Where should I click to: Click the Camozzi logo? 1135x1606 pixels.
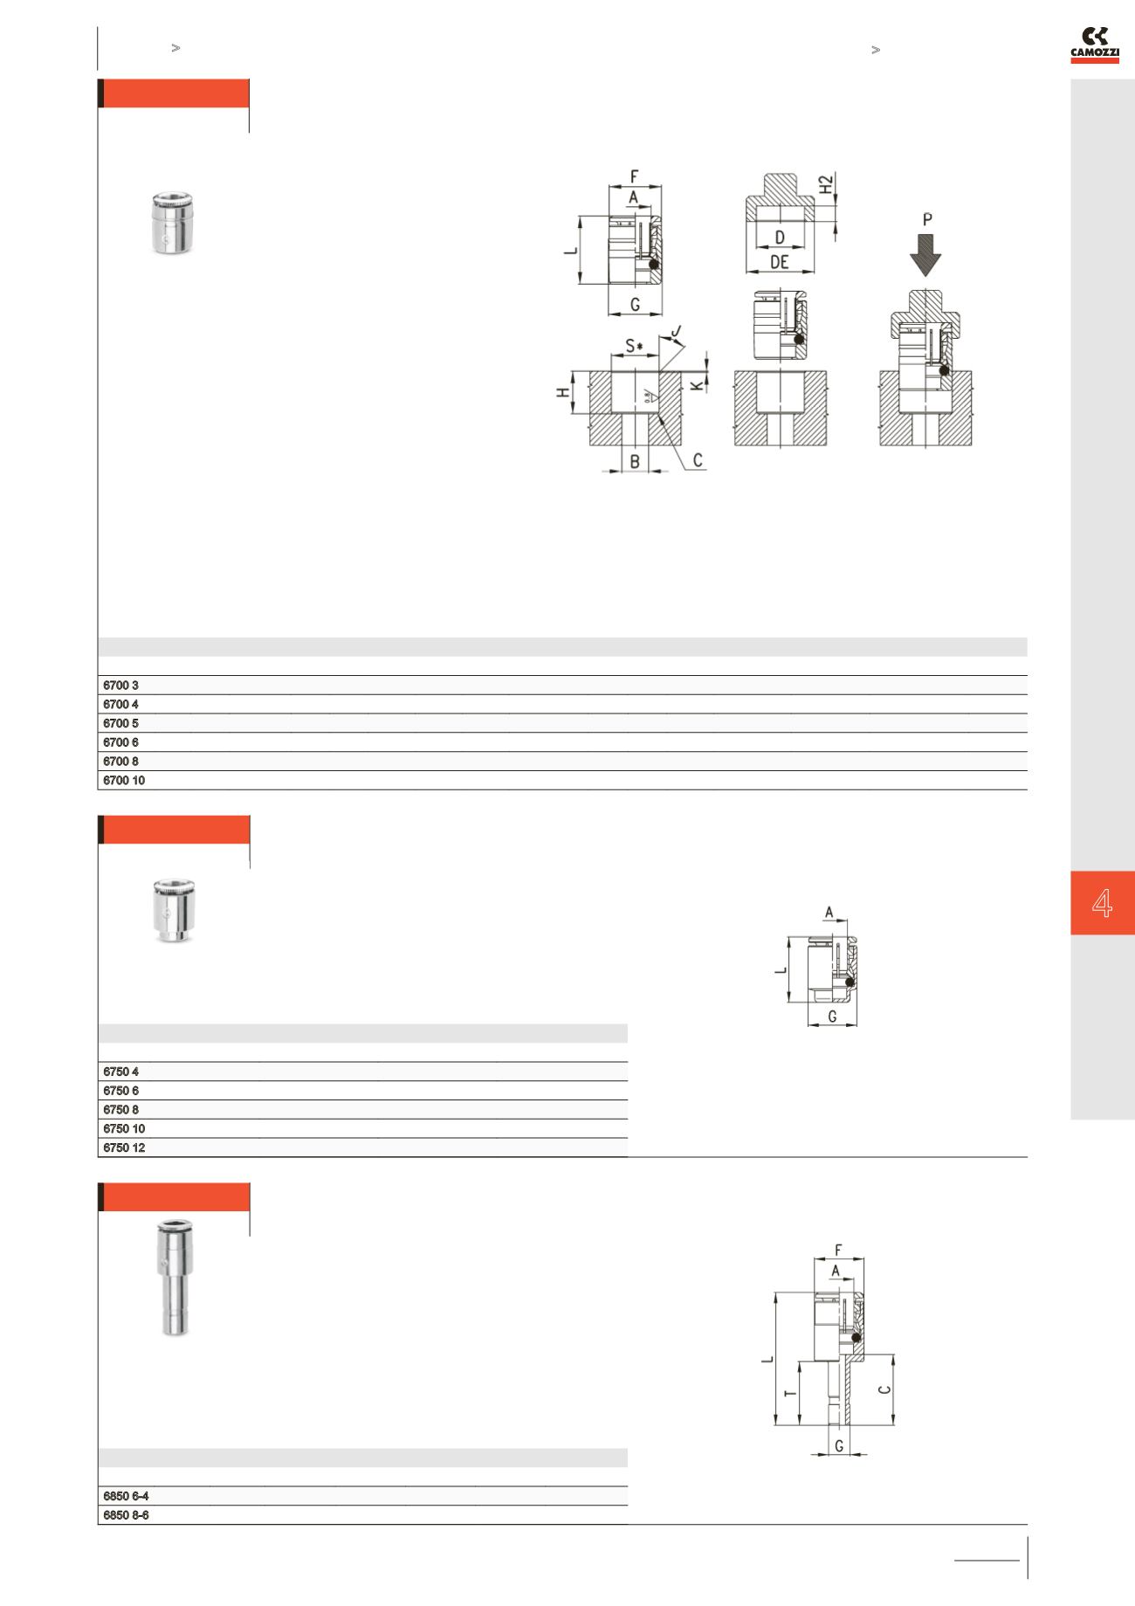coord(1095,45)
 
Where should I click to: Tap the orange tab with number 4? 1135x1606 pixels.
coord(1103,903)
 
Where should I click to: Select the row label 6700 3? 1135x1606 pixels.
coord(121,686)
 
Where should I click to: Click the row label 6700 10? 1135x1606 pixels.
coord(124,781)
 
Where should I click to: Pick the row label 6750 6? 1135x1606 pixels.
coord(121,1091)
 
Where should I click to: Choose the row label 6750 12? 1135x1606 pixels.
coord(124,1148)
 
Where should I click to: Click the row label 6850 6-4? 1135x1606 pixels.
coord(126,1496)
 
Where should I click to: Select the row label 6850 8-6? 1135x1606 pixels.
coord(126,1515)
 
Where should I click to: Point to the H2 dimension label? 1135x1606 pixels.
coord(826,186)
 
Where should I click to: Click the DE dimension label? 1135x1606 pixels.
coord(780,261)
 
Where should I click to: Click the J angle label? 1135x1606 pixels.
coord(677,332)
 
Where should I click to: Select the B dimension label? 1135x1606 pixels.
coord(635,460)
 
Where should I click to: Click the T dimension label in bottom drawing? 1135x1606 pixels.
coord(791,1393)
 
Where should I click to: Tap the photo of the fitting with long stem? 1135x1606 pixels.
coord(168,1279)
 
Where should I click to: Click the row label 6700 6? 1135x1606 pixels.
coord(121,742)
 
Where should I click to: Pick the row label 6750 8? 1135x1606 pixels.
coord(121,1110)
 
